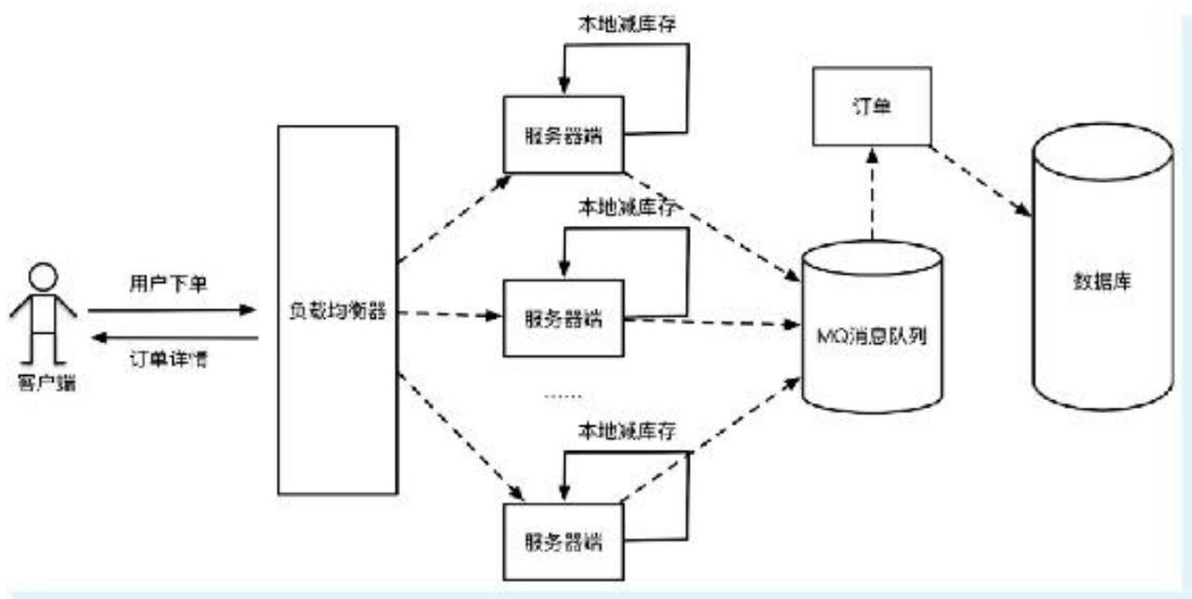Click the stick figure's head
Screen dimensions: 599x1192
pyautogui.click(x=43, y=277)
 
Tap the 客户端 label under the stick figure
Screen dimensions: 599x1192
pyautogui.click(x=43, y=382)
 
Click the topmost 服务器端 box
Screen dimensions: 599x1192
pyautogui.click(x=562, y=134)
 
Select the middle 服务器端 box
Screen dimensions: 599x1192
pyautogui.click(x=562, y=319)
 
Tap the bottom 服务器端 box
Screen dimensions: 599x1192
pyautogui.click(x=562, y=542)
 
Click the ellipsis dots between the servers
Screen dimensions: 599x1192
pyautogui.click(x=562, y=397)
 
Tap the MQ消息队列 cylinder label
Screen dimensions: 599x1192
pyautogui.click(x=872, y=335)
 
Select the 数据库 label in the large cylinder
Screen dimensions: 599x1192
pyautogui.click(x=1102, y=280)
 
